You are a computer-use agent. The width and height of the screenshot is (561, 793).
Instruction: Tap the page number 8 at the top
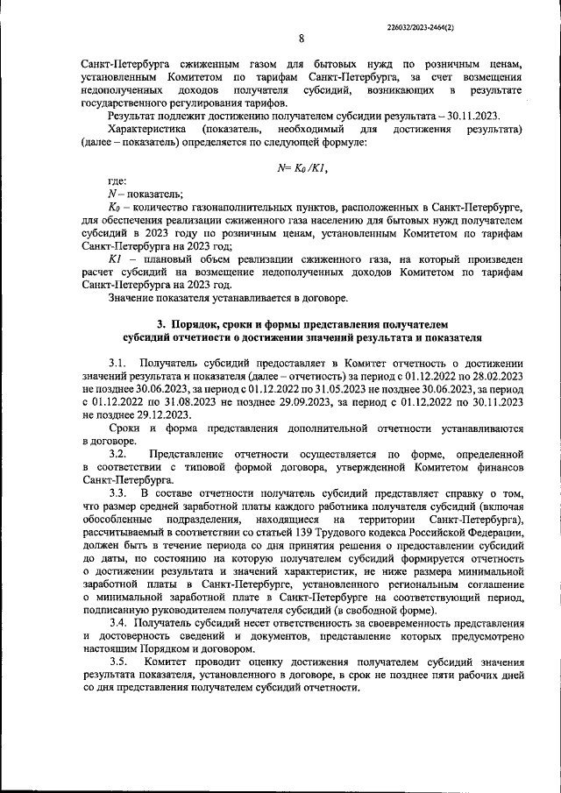coord(301,38)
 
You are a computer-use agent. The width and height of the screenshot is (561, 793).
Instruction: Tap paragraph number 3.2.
coord(117,456)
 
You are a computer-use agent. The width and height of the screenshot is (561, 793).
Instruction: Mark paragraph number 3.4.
coord(118,622)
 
